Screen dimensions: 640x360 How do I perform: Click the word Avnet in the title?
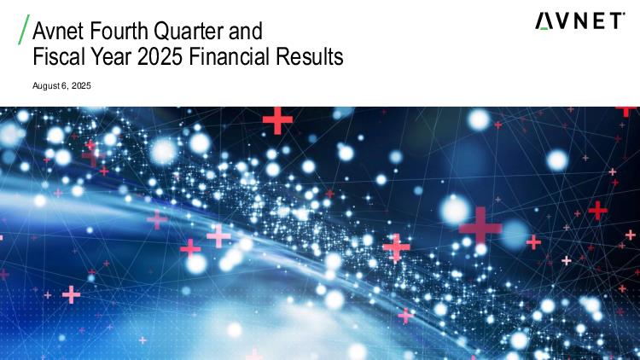click(x=58, y=31)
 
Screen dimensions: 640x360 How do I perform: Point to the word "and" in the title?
click(x=246, y=31)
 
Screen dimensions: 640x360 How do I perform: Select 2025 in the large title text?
click(x=160, y=56)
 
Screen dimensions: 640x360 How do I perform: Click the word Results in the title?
click(x=310, y=56)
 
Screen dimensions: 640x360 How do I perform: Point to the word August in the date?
click(x=46, y=86)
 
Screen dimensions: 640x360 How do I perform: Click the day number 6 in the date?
click(x=64, y=85)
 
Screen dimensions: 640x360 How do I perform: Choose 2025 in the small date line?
click(x=81, y=85)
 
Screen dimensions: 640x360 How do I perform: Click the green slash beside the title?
click(x=24, y=29)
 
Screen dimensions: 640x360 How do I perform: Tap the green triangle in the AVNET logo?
click(x=544, y=28)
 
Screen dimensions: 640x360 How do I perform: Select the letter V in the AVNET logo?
click(x=563, y=21)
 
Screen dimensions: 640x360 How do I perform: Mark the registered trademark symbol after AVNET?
click(x=624, y=14)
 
